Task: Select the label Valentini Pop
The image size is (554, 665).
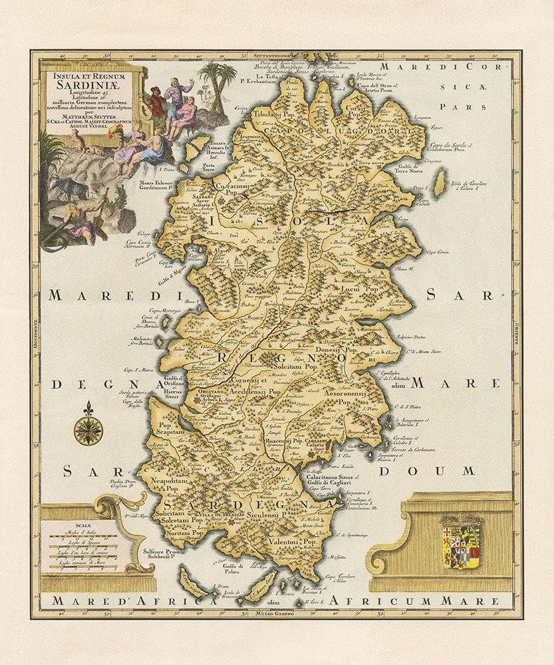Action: click(x=292, y=543)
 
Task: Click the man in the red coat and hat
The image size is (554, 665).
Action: click(x=156, y=100)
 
